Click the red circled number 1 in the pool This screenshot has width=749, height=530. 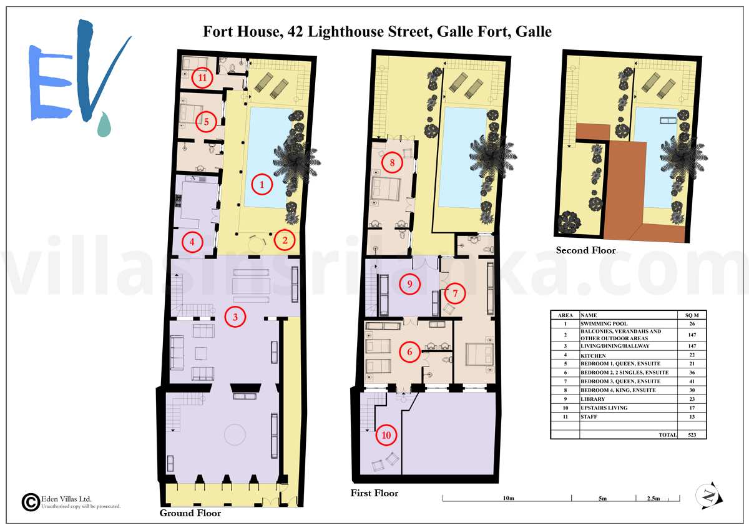tap(262, 184)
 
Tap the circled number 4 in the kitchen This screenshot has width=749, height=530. tap(192, 242)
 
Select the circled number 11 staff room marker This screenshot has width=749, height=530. tap(202, 78)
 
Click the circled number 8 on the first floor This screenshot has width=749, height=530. tap(392, 162)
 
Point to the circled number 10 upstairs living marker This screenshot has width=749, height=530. tap(386, 435)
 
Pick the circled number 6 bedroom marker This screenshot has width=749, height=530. tap(409, 352)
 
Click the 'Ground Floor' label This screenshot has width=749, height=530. tap(190, 513)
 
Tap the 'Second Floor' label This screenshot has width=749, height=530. tap(585, 250)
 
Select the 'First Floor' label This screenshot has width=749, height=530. tap(374, 493)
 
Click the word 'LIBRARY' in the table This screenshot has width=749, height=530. tap(593, 399)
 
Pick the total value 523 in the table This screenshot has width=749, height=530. tap(692, 434)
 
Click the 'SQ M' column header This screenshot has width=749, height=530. tap(692, 315)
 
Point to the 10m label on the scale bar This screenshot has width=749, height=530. tap(508, 498)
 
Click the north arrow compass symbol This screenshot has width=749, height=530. tap(709, 496)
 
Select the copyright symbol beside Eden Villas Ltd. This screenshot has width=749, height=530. tap(31, 503)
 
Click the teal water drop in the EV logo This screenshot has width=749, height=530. tap(104, 125)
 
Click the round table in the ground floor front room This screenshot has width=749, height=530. tap(235, 434)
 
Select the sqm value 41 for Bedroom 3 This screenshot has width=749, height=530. tap(692, 381)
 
